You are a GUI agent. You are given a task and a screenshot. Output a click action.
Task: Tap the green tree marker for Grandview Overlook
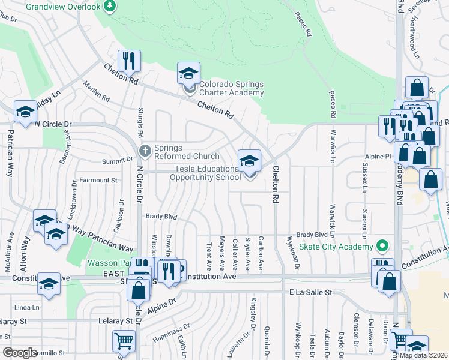(x=109, y=6)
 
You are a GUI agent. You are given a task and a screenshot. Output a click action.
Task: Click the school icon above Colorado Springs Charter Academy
(x=188, y=74)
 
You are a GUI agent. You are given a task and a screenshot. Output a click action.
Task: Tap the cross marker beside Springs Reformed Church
(x=144, y=150)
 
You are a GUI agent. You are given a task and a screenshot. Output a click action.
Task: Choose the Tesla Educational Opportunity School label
(x=207, y=173)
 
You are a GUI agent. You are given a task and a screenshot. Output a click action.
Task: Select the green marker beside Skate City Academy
(x=380, y=246)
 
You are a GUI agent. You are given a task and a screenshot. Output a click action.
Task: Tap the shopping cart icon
(x=124, y=341)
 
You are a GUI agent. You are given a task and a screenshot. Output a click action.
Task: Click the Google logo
(x=19, y=353)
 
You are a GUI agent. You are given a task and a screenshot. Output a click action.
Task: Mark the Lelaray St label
(x=115, y=321)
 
